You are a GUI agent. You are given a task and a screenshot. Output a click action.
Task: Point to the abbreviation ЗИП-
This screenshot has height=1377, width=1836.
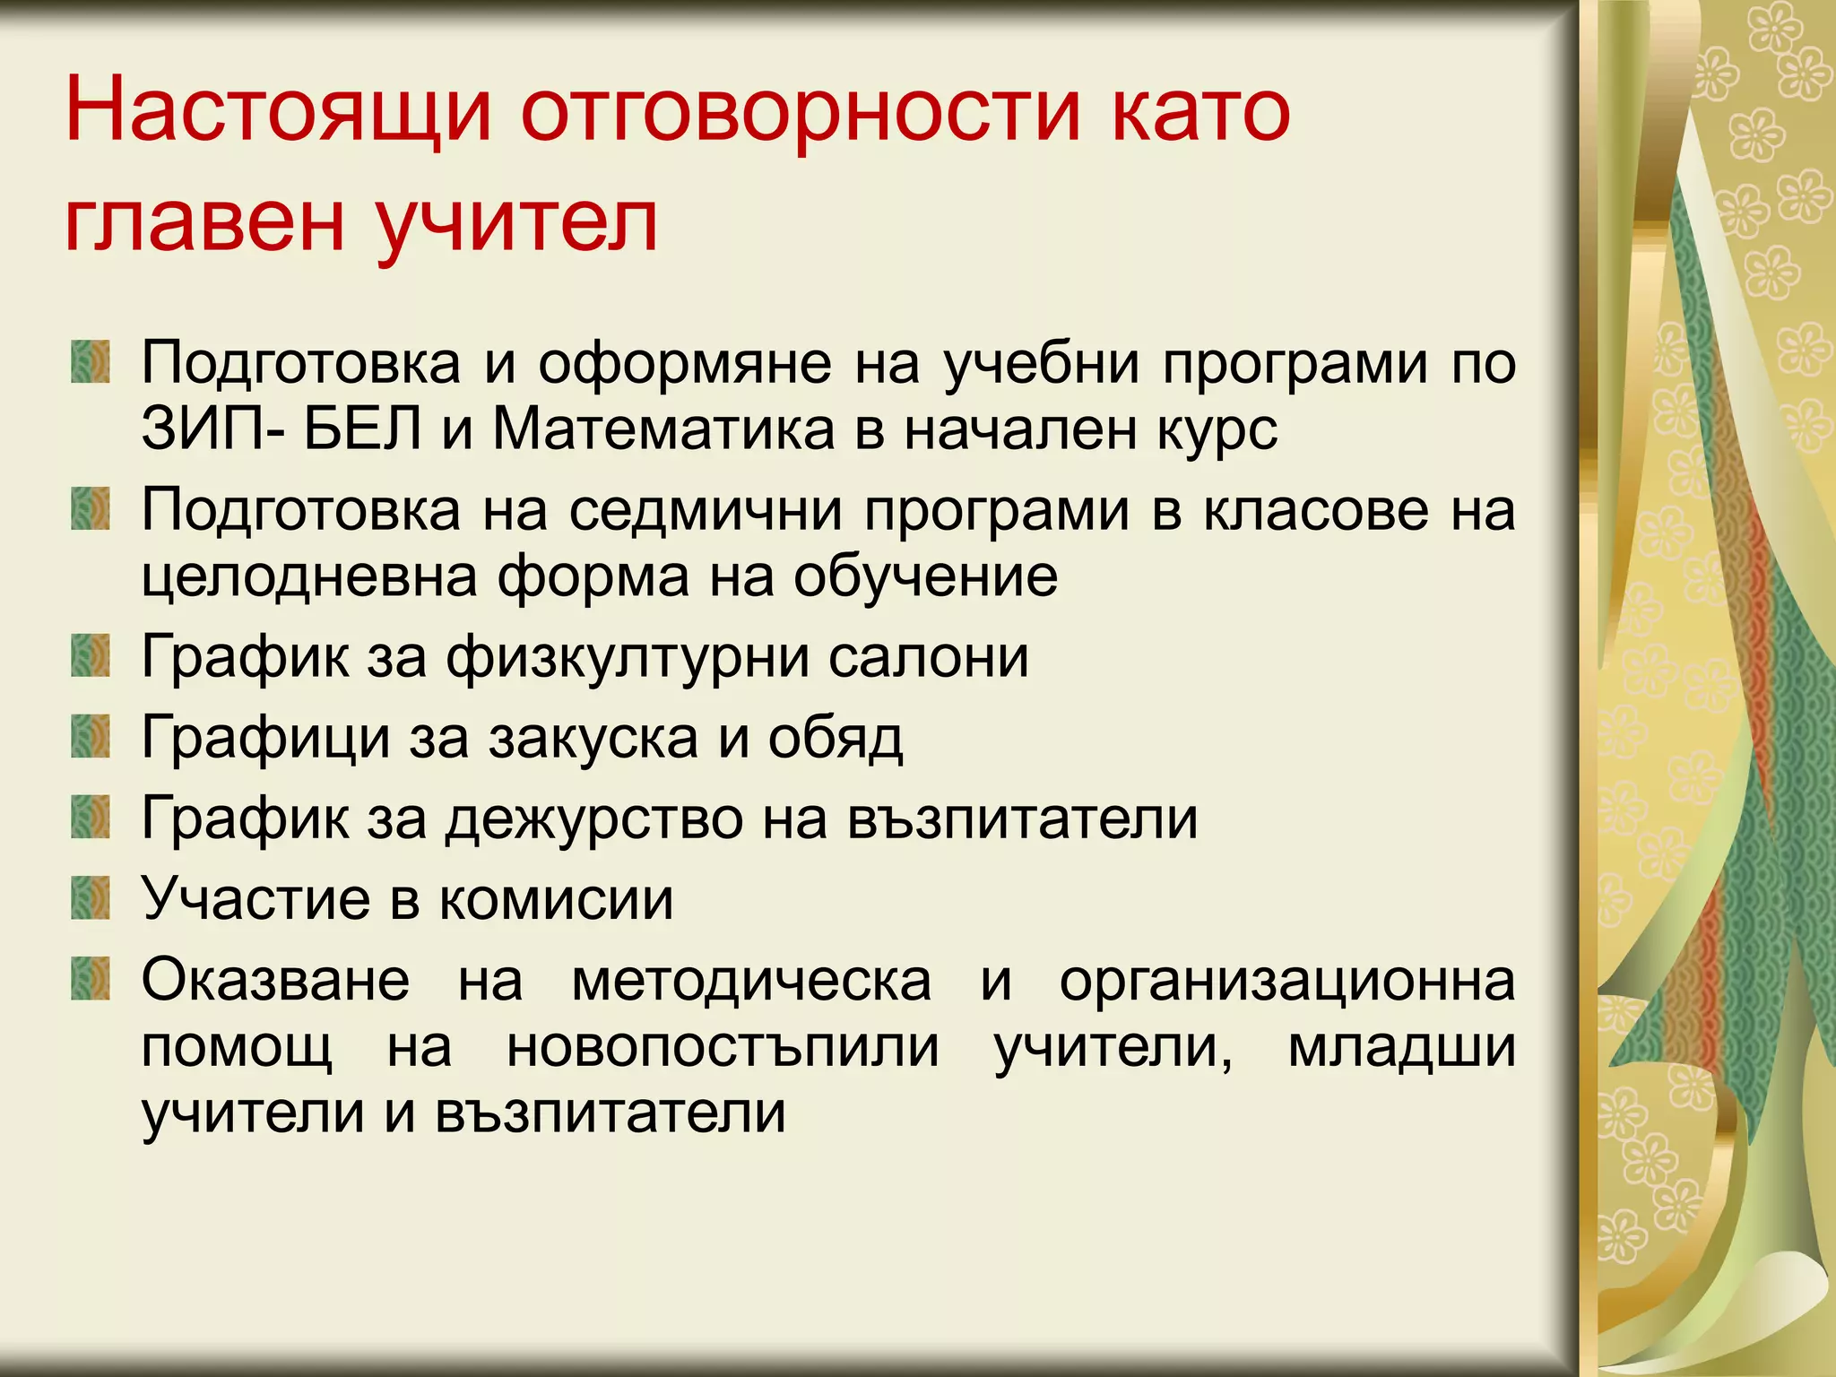click(214, 430)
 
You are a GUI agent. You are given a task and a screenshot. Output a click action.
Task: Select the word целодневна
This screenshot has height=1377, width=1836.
click(310, 576)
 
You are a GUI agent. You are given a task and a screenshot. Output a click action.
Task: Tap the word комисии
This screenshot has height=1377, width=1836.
click(557, 899)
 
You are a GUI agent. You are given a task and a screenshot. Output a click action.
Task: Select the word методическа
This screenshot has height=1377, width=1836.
click(751, 981)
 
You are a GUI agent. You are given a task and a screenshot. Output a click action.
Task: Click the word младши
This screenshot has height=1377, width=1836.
click(1401, 1047)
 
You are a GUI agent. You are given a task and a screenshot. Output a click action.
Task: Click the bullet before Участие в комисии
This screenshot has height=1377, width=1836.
click(91, 898)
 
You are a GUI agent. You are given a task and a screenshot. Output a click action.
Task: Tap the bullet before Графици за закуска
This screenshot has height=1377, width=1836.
click(91, 736)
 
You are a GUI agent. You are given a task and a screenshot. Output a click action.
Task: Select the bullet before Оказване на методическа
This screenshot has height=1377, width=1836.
click(91, 978)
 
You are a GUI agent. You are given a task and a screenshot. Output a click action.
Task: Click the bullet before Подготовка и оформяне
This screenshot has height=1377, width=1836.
click(91, 361)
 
